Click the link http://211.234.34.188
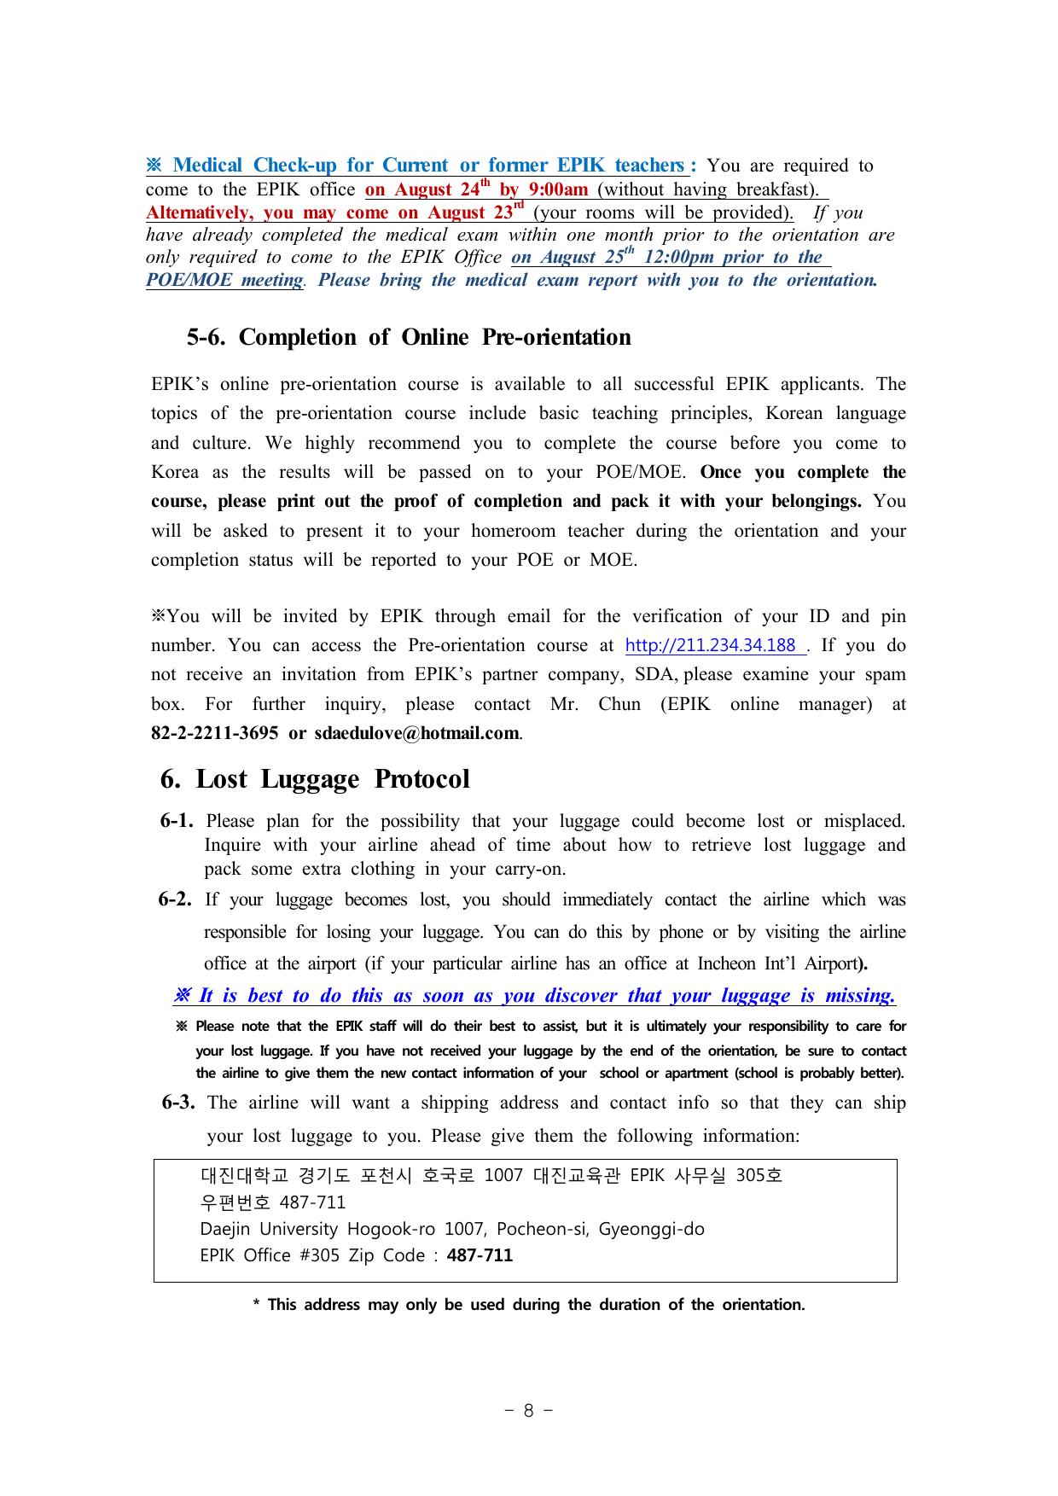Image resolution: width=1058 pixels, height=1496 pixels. pyautogui.click(x=710, y=645)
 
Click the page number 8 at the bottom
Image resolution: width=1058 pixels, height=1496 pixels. pyautogui.click(x=528, y=1410)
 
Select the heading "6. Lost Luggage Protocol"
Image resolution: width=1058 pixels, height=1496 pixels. pyautogui.click(x=315, y=779)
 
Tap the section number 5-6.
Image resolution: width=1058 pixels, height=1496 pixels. pyautogui.click(x=206, y=337)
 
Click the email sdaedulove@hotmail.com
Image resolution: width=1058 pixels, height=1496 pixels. pyautogui.click(x=416, y=733)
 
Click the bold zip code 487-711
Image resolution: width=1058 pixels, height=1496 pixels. pyautogui.click(x=480, y=1255)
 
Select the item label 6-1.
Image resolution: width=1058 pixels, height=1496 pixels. pyautogui.click(x=177, y=821)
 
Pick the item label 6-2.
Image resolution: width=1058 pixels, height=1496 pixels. pyautogui.click(x=175, y=899)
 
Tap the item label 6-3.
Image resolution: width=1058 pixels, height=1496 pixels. pyautogui.click(x=178, y=1103)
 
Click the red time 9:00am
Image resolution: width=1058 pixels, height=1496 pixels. pyautogui.click(x=558, y=189)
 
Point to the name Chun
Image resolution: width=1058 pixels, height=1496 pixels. pyautogui.click(x=619, y=704)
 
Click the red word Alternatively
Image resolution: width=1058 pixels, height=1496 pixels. pyautogui.click(x=199, y=212)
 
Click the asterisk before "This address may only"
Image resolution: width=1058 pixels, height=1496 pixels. pyautogui.click(x=256, y=1304)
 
